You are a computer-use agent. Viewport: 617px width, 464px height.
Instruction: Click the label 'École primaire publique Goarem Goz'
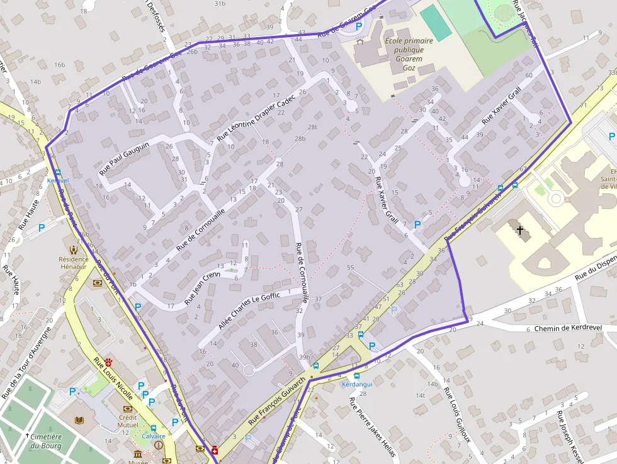click(409, 54)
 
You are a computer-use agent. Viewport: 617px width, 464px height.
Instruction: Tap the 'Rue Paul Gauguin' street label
click(124, 159)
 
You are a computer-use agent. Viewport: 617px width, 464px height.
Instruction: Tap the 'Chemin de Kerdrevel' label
click(568, 328)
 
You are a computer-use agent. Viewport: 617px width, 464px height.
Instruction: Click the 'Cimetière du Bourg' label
click(46, 441)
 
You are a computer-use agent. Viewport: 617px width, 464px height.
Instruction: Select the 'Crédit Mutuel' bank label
click(128, 421)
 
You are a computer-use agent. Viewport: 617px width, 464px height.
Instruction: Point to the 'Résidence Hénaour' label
click(73, 263)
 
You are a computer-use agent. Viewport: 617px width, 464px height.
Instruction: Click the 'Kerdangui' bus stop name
click(357, 384)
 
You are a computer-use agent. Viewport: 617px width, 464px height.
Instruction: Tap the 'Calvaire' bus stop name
click(153, 436)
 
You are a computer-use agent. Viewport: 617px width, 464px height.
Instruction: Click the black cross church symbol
click(520, 231)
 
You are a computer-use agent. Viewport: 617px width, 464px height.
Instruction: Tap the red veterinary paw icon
click(109, 363)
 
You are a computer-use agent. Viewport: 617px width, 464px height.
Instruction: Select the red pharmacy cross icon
click(215, 450)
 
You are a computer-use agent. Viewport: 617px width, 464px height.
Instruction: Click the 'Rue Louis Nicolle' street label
click(113, 379)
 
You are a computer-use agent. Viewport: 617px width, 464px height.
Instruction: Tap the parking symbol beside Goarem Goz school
click(359, 26)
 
